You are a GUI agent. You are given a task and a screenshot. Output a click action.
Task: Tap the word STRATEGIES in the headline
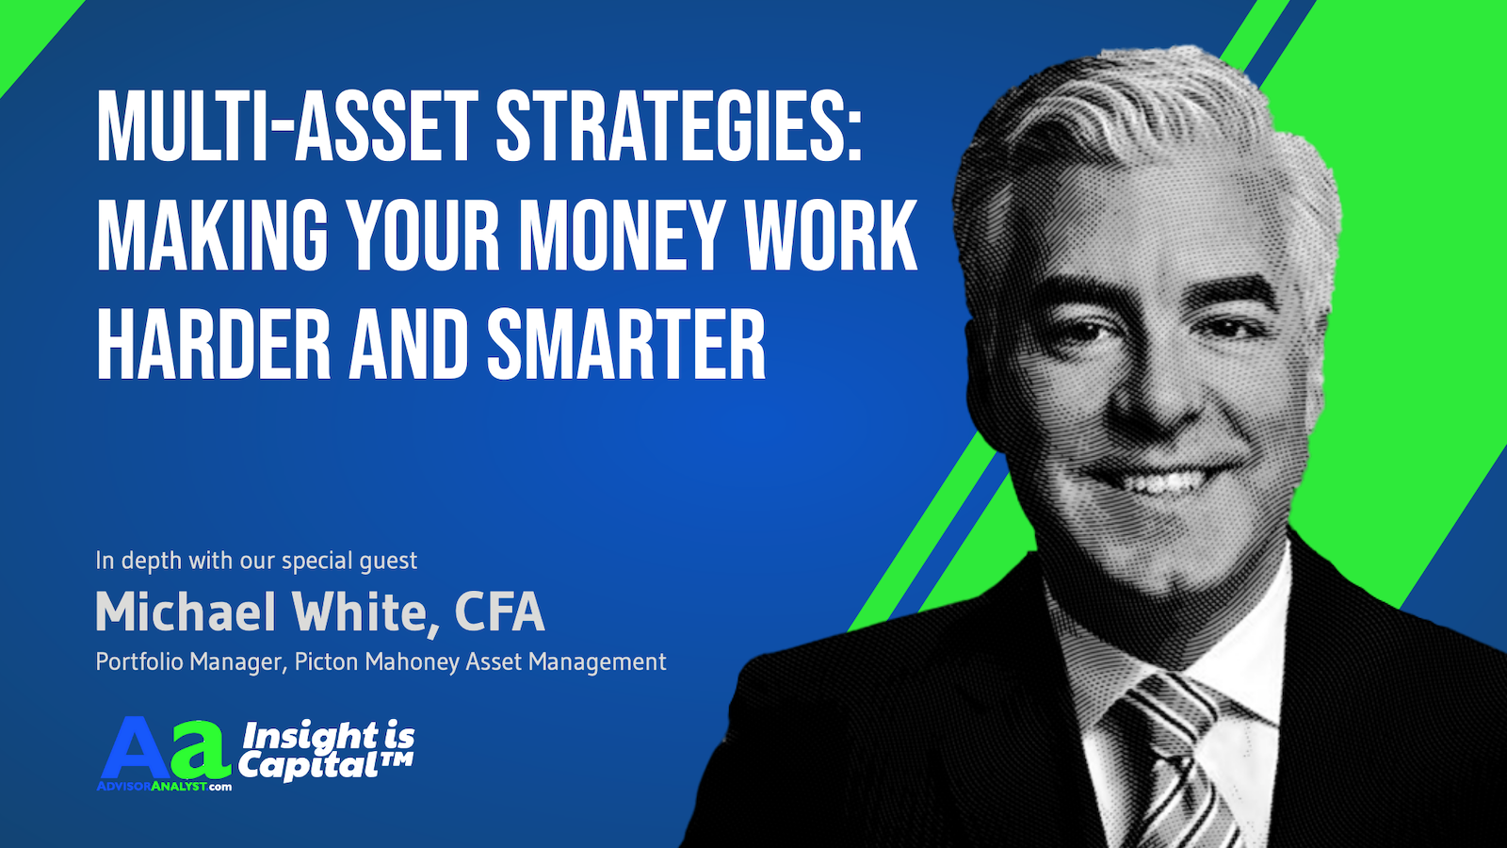679,126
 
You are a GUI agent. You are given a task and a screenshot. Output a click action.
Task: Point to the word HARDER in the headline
214,343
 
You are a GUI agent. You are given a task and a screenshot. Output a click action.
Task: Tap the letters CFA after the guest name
499,612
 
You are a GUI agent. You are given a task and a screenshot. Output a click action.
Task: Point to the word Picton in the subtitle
326,661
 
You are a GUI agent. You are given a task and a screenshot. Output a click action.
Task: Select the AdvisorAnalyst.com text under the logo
165,786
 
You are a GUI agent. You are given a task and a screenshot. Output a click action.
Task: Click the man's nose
1143,390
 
